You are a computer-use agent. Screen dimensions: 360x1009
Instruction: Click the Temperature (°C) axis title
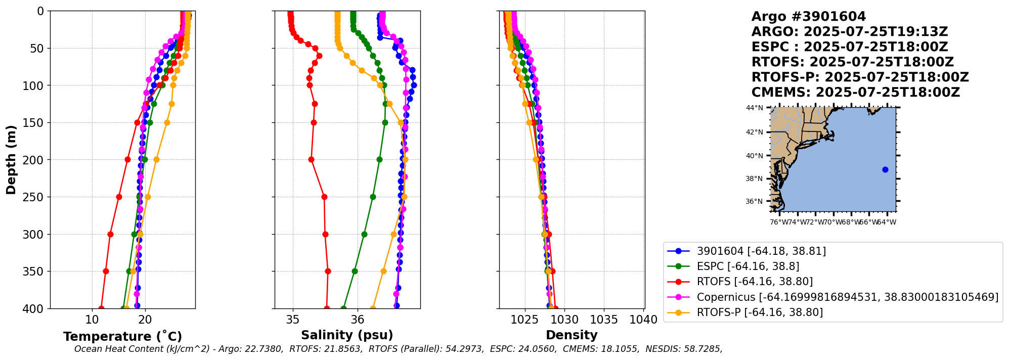[122, 337]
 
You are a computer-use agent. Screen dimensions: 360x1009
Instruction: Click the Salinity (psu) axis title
[347, 335]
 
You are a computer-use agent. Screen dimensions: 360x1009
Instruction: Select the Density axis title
[572, 335]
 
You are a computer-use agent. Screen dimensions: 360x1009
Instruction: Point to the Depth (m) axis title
[11, 160]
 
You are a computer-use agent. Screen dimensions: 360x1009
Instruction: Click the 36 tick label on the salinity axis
[358, 320]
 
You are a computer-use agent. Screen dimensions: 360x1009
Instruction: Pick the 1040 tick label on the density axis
[644, 320]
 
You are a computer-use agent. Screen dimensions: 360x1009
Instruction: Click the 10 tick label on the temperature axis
[92, 320]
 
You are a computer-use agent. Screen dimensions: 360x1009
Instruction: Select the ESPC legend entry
[748, 266]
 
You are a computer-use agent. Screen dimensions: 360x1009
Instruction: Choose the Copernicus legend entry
[847, 297]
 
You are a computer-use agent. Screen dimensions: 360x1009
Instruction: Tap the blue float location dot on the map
[885, 169]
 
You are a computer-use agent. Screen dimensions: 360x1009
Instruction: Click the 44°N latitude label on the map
[754, 108]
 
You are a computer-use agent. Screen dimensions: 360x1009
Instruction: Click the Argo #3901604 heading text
[809, 17]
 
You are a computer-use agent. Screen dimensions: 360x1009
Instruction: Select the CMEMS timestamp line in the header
[855, 93]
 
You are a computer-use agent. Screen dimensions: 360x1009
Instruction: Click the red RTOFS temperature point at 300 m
[110, 234]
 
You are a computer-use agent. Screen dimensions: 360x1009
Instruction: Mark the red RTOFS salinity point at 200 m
[311, 160]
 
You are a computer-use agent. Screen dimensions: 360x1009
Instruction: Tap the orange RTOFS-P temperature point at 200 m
[156, 160]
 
